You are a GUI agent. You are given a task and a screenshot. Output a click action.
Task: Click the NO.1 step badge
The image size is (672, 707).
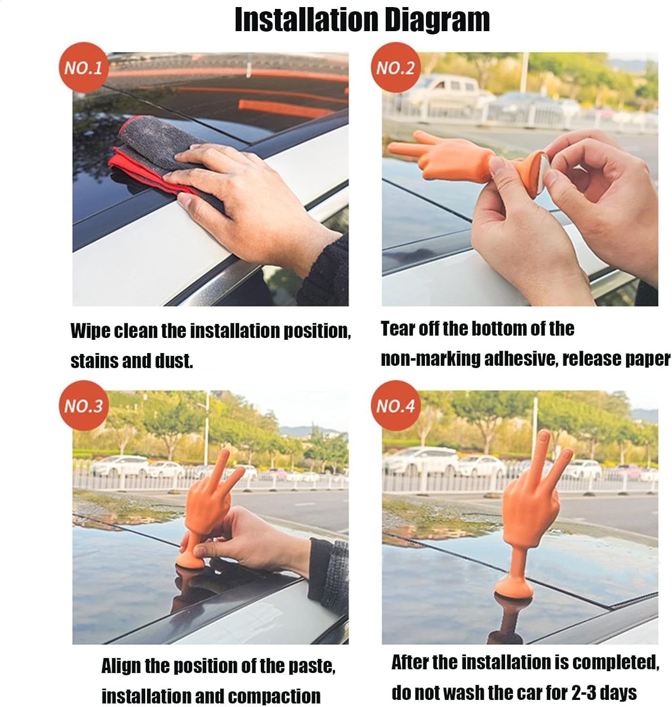pyautogui.click(x=83, y=67)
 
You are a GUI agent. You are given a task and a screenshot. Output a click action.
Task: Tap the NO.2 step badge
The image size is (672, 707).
pyautogui.click(x=396, y=67)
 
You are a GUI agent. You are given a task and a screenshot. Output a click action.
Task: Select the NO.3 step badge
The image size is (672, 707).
pyautogui.click(x=83, y=405)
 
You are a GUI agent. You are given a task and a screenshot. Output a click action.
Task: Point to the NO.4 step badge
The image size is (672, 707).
pyautogui.click(x=396, y=405)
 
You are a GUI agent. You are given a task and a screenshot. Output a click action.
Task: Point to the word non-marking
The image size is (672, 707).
pyautogui.click(x=431, y=359)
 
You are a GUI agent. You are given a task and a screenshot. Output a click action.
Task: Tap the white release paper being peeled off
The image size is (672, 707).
pyautogui.click(x=543, y=173)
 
